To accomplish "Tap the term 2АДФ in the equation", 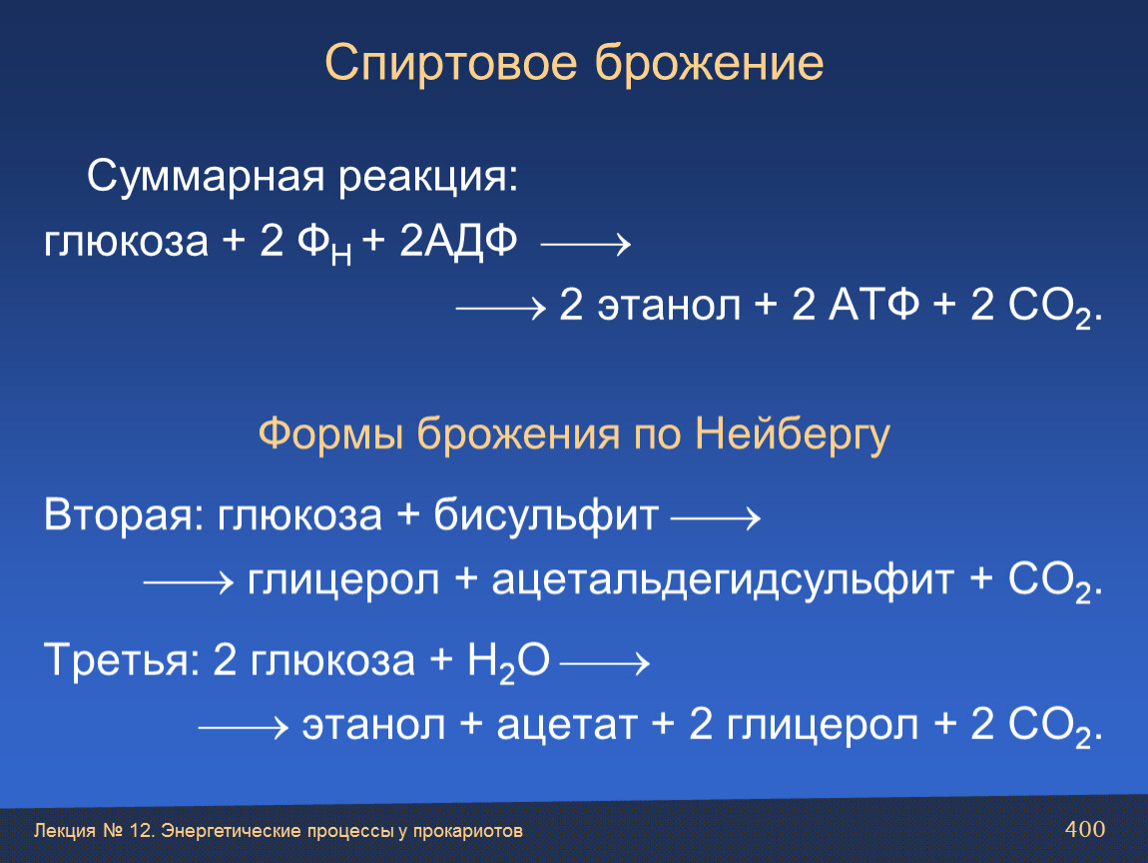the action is (x=458, y=241).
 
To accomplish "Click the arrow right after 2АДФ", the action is (x=586, y=244).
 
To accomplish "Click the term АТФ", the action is (x=873, y=304).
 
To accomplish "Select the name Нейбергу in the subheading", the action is (x=793, y=433).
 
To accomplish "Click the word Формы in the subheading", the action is (x=330, y=433).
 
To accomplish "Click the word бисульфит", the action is (x=545, y=514).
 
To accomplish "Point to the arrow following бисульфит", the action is (x=716, y=518).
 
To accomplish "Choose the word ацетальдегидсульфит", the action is (x=723, y=580).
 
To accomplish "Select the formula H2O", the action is (x=508, y=661).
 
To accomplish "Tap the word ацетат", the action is (x=567, y=725).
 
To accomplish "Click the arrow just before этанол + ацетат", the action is (x=243, y=727).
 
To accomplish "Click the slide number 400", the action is (x=1085, y=829).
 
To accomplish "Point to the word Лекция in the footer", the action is (x=65, y=831).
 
